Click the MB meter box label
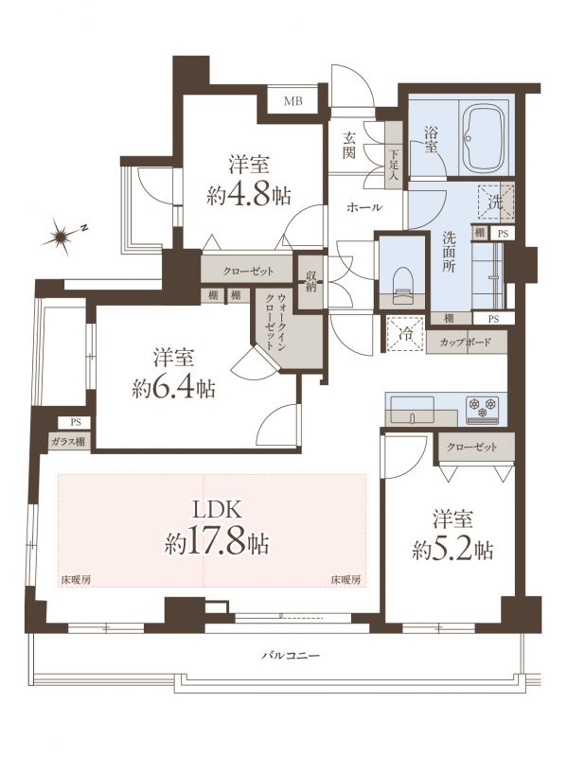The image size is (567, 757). [x=292, y=101]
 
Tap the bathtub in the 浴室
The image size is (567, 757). [x=484, y=138]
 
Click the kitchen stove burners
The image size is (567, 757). [x=482, y=410]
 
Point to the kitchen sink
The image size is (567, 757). [x=411, y=410]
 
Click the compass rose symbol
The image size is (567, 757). [x=62, y=237]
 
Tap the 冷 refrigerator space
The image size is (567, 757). [x=405, y=334]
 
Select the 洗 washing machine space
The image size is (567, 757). [x=495, y=202]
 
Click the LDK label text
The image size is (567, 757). [x=217, y=510]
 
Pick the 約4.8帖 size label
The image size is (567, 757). [x=249, y=196]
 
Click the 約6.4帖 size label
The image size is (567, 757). [x=173, y=387]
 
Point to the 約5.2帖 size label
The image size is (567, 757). [x=452, y=549]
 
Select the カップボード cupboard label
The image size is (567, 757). [x=466, y=343]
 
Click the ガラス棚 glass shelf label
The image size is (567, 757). [x=69, y=441]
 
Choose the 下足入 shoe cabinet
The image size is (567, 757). [x=394, y=154]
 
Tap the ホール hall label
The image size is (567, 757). [x=364, y=207]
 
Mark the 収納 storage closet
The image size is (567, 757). [x=310, y=281]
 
